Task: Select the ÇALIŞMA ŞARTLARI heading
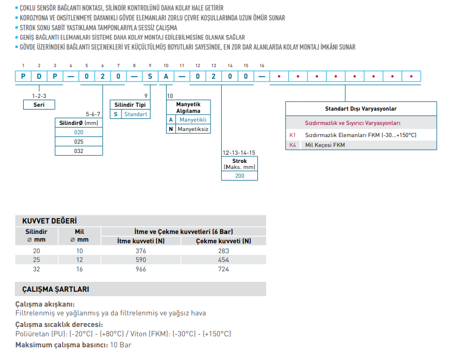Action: click(x=55, y=289)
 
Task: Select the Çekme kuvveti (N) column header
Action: click(x=223, y=241)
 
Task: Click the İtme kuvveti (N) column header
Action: click(x=141, y=241)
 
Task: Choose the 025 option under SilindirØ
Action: click(x=79, y=141)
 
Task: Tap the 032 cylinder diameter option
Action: click(x=79, y=150)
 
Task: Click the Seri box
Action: click(x=38, y=105)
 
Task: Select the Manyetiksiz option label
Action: click(x=193, y=129)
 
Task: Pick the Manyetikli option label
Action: click(x=193, y=119)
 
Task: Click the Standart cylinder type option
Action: click(x=135, y=114)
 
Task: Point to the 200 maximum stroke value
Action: click(x=240, y=176)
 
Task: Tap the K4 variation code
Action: click(x=292, y=145)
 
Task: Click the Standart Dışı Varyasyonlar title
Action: click(x=361, y=109)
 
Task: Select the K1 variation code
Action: click(x=292, y=135)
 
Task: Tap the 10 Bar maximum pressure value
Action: click(x=120, y=345)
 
